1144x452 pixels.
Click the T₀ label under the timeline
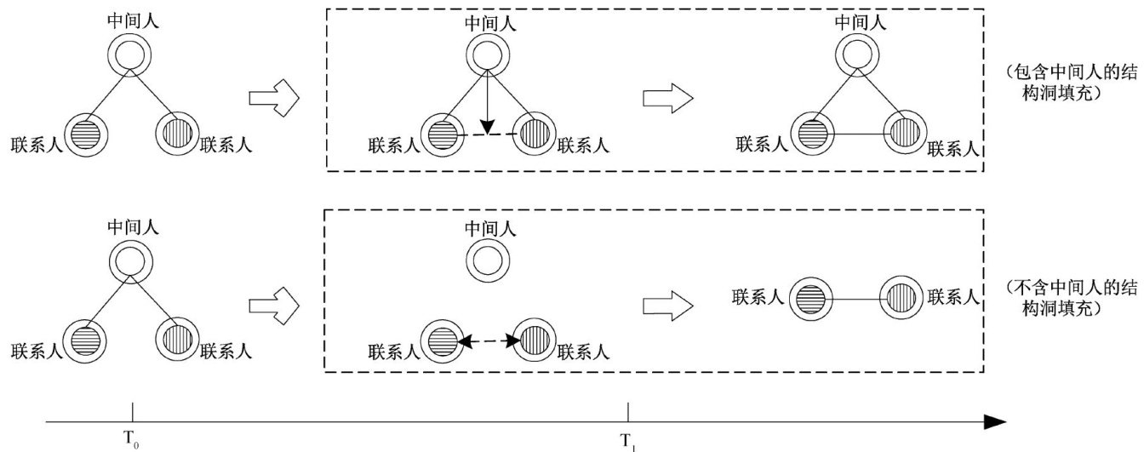131,442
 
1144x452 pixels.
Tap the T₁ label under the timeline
626,442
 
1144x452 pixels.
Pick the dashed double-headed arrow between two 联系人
489,340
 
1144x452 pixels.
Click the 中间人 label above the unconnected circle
489,229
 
